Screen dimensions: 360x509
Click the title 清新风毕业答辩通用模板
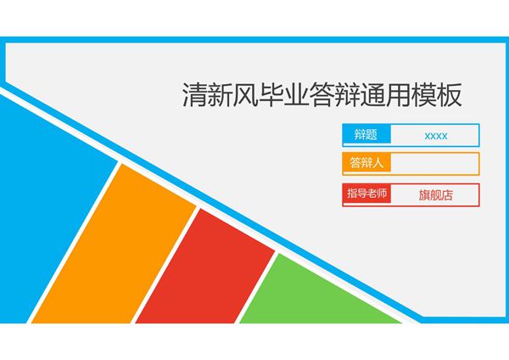(x=322, y=94)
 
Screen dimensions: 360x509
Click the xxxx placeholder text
(x=436, y=136)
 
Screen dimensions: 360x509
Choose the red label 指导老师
(x=366, y=194)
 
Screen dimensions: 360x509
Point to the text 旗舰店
(x=436, y=194)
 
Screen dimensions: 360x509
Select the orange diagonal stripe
(x=119, y=246)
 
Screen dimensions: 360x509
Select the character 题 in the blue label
(x=372, y=135)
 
